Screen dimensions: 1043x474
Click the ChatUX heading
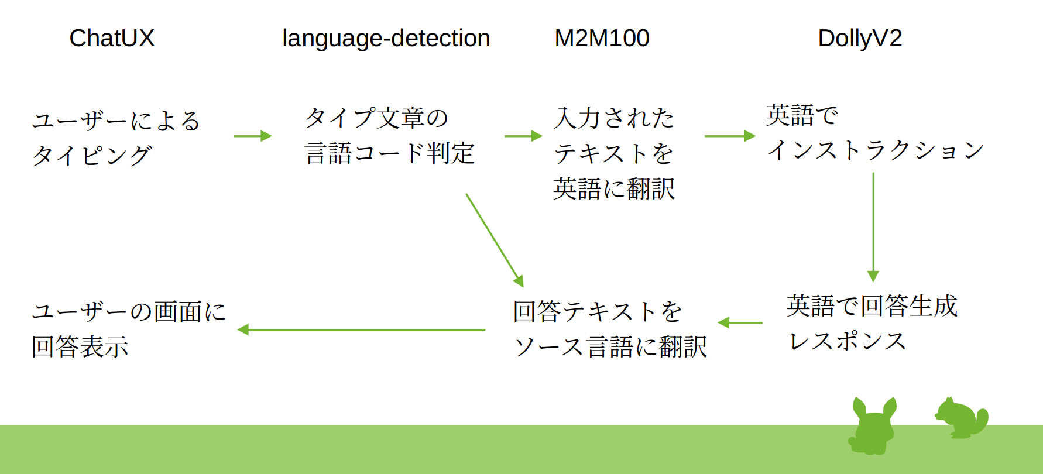pos(112,39)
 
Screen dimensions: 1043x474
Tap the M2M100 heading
pos(602,39)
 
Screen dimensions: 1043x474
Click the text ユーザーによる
pos(116,121)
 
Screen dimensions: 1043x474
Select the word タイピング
pos(92,156)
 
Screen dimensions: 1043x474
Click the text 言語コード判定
pos(390,153)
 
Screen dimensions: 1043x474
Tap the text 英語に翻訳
pos(614,189)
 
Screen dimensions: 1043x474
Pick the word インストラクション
pos(876,150)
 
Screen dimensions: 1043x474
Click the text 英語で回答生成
pos(872,306)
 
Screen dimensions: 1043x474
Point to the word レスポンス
pos(848,341)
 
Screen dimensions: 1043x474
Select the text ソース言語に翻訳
pos(610,347)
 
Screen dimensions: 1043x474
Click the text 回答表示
pos(80,347)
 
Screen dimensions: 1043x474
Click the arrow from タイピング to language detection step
pos(253,136)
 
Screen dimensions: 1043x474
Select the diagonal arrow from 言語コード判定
pos(495,241)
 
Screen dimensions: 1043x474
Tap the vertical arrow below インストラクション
pos(873,227)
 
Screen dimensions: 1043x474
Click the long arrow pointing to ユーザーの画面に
pos(361,329)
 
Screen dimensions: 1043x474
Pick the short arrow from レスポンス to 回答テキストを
pos(740,322)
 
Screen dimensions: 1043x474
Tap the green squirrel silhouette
pos(962,418)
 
